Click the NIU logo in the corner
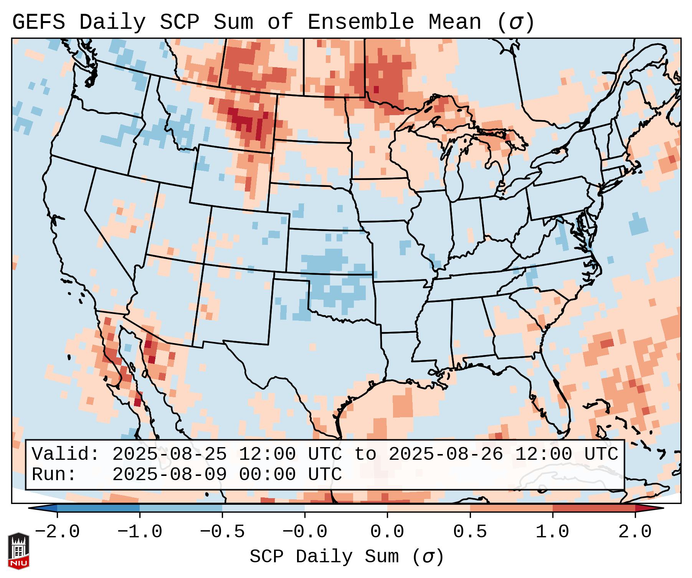[18, 550]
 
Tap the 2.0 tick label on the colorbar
[635, 532]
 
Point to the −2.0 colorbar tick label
[57, 532]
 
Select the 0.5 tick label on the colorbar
[470, 532]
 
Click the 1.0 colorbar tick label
[552, 532]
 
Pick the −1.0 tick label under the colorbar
[139, 532]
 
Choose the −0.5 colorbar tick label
[222, 532]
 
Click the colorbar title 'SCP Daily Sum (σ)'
[347, 557]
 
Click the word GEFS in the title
[38, 22]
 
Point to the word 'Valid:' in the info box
[66, 454]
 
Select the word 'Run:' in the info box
[54, 474]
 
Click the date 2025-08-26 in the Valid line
[446, 454]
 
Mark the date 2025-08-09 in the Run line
[169, 474]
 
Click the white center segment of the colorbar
[346, 508]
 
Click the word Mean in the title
[455, 22]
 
